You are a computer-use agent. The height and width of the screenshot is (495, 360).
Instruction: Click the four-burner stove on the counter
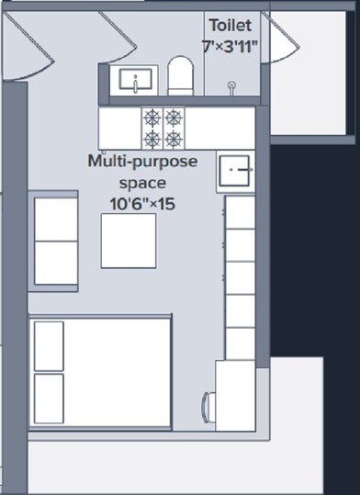pos(162,129)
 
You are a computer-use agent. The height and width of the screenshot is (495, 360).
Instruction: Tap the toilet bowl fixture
pos(180,76)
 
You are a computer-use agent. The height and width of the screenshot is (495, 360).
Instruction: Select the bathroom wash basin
pos(134,81)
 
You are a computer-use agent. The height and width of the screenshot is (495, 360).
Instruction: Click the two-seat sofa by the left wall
pos(54,242)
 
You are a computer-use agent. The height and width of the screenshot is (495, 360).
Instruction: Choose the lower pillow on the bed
pos(49,398)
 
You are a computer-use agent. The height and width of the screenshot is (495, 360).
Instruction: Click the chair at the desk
pos(208,405)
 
